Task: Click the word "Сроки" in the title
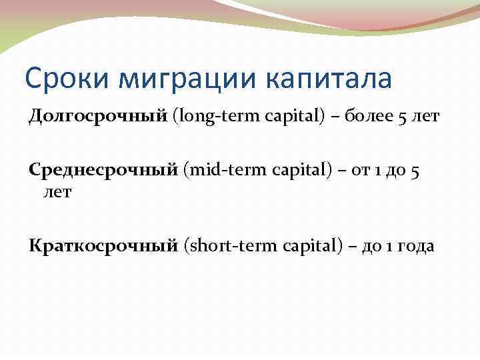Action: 59,79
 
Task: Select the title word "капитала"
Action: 329,79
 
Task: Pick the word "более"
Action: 367,117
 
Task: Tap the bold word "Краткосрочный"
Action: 103,245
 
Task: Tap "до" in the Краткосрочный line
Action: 371,246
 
